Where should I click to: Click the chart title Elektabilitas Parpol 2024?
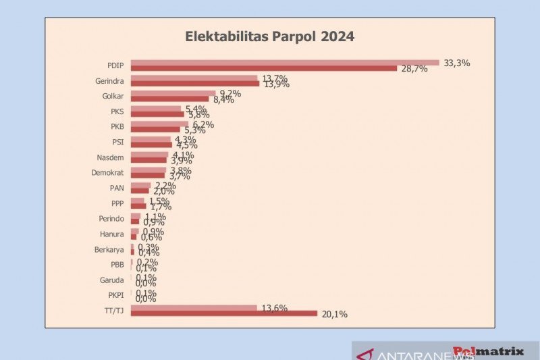270,36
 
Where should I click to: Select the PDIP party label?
115,66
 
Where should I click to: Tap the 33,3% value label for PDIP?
456,63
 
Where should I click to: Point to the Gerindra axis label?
109,81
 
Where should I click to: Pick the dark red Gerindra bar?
195,84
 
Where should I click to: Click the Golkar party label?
113,96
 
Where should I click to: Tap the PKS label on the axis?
117,111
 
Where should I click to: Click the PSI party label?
118,142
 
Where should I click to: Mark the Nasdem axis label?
111,157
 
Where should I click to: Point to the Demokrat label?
108,173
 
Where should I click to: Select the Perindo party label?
111,219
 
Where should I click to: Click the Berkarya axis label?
109,249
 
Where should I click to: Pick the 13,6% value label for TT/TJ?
274,308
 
